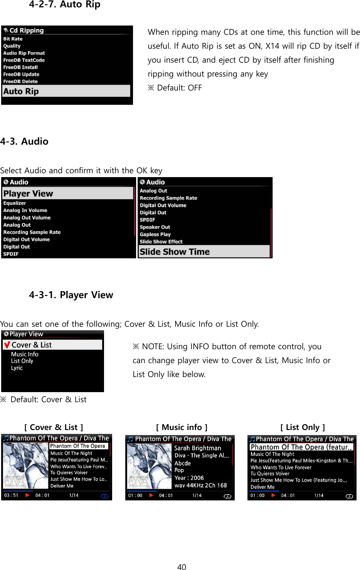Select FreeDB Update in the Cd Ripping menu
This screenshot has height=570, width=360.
[x=21, y=74]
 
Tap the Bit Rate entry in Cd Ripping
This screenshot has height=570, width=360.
[x=13, y=39]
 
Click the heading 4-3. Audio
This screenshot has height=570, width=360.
[x=24, y=142]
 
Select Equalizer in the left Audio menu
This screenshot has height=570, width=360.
[x=15, y=203]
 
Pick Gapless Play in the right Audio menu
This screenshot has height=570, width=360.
[x=155, y=234]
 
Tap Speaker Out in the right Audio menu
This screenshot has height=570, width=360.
[x=155, y=227]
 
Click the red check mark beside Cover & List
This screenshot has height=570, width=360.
[x=7, y=345]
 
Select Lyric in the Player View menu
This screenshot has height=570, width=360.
[x=17, y=368]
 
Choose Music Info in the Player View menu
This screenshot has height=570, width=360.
[x=25, y=354]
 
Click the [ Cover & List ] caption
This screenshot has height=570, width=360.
[x=54, y=427]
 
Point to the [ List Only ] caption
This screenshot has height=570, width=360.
[x=302, y=427]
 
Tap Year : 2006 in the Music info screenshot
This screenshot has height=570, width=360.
[x=189, y=478]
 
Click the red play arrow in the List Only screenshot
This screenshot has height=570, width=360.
[x=273, y=495]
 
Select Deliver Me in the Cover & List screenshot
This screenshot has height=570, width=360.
[x=62, y=486]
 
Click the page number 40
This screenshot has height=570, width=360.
[x=181, y=567]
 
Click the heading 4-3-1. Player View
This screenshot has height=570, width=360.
[x=71, y=295]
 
